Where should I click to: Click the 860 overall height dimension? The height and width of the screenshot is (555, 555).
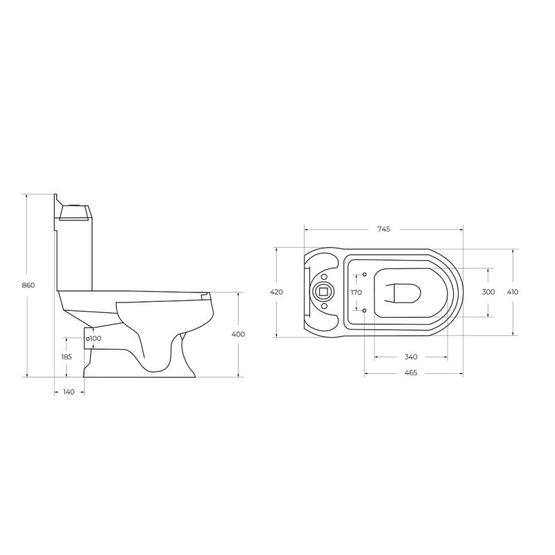pos(28,285)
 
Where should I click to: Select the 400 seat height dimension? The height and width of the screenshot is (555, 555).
pos(238,334)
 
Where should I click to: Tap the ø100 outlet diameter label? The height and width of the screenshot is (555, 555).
pos(94,338)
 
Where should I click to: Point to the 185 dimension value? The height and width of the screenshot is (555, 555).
pos(67,356)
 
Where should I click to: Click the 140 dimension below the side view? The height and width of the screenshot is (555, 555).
pos(69,392)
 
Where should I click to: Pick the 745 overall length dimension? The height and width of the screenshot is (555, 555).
pos(384,230)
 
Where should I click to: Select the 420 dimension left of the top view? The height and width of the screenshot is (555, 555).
pos(276,292)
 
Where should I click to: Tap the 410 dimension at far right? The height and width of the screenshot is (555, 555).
pos(512,292)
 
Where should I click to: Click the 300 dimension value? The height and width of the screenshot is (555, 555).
pos(488,292)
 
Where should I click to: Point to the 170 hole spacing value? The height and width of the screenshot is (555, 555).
pos(356,292)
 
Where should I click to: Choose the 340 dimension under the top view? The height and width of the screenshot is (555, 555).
pos(410,357)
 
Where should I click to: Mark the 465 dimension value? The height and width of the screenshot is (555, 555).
pos(410,373)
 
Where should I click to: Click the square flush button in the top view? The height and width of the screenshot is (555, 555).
pos(323,292)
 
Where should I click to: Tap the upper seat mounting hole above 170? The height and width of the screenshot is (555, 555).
pos(365,275)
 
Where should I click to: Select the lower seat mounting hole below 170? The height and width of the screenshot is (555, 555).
pos(365,311)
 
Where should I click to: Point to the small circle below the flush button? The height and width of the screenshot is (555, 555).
pos(323,306)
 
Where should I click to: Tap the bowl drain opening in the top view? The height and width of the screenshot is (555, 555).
pos(404,293)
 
